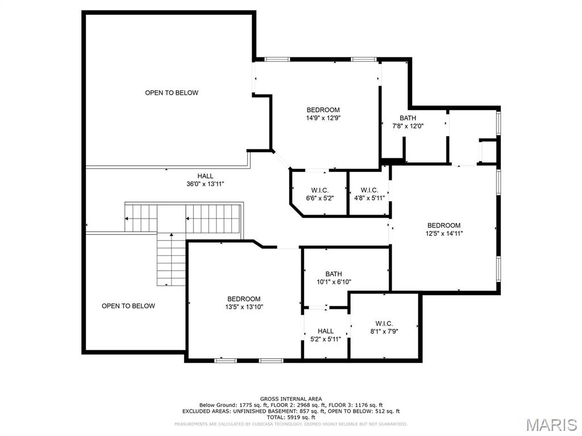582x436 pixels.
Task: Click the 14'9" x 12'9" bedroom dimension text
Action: point(323,118)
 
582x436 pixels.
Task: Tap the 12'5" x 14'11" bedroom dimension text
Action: point(444,233)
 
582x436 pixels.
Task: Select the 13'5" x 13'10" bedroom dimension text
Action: point(244,307)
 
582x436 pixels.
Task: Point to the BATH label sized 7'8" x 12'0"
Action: point(408,118)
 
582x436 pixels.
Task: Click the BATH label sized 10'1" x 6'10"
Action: point(334,274)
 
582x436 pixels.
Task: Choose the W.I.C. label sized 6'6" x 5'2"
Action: point(321,190)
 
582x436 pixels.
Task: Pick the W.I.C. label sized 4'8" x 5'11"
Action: point(369,190)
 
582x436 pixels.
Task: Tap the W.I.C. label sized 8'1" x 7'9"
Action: point(384,324)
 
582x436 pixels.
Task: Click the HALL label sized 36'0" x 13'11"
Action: point(205,176)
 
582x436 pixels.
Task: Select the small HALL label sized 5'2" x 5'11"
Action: point(326,331)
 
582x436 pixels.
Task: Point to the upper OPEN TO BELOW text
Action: point(172,93)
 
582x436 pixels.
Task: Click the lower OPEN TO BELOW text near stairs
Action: point(128,306)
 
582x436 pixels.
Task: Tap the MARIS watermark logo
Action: point(551,425)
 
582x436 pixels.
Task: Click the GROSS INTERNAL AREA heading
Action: point(290,399)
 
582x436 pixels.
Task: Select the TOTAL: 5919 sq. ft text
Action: point(290,417)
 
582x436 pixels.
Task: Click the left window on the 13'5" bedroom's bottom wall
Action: point(226,360)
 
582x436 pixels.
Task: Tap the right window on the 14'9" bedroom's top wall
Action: point(363,59)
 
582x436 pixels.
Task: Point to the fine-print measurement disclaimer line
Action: point(290,424)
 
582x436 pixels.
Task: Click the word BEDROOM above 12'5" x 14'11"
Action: point(444,225)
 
